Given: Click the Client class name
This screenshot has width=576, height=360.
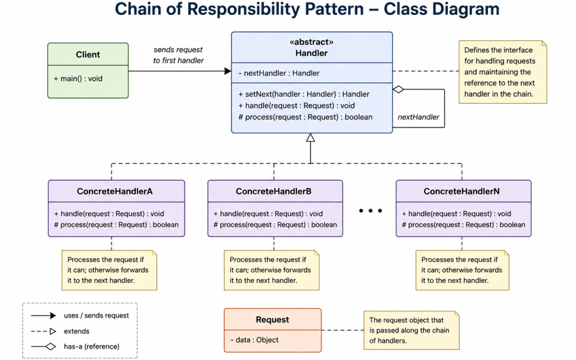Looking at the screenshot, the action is [x=88, y=54].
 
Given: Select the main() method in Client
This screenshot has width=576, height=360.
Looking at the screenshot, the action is [x=78, y=79].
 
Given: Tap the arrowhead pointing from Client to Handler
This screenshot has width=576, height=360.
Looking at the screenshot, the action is [x=228, y=71].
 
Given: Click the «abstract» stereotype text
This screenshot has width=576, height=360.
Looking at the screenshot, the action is [x=311, y=42].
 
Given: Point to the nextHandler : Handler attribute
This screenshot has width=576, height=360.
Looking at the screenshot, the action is [x=279, y=73].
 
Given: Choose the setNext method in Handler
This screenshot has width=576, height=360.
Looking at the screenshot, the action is [x=304, y=94].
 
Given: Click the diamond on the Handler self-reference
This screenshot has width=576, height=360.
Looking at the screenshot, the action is [x=398, y=89].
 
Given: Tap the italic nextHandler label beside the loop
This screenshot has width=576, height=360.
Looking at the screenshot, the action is [x=418, y=117].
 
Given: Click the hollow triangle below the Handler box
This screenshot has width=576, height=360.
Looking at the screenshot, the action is [x=310, y=137].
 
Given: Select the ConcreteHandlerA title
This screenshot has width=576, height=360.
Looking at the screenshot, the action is [x=114, y=191].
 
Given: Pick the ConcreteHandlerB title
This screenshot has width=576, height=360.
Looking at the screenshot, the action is [x=274, y=191].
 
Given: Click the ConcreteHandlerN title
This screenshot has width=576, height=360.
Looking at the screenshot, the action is [x=462, y=191].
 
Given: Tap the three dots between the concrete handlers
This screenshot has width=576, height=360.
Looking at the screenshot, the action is [x=370, y=211].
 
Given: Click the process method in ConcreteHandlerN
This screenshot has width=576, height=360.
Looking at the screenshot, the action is [x=463, y=224].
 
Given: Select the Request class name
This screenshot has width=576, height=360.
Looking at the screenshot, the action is [x=273, y=319].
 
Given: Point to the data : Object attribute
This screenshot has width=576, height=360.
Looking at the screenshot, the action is [x=255, y=340].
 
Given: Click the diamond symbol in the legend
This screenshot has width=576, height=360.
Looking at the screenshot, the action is [x=51, y=346].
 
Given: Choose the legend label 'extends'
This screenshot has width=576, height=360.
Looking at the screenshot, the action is [x=76, y=331].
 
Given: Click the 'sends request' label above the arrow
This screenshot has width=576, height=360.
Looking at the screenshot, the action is [x=178, y=49].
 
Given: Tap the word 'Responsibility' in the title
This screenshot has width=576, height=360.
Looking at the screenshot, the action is [x=276, y=9].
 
